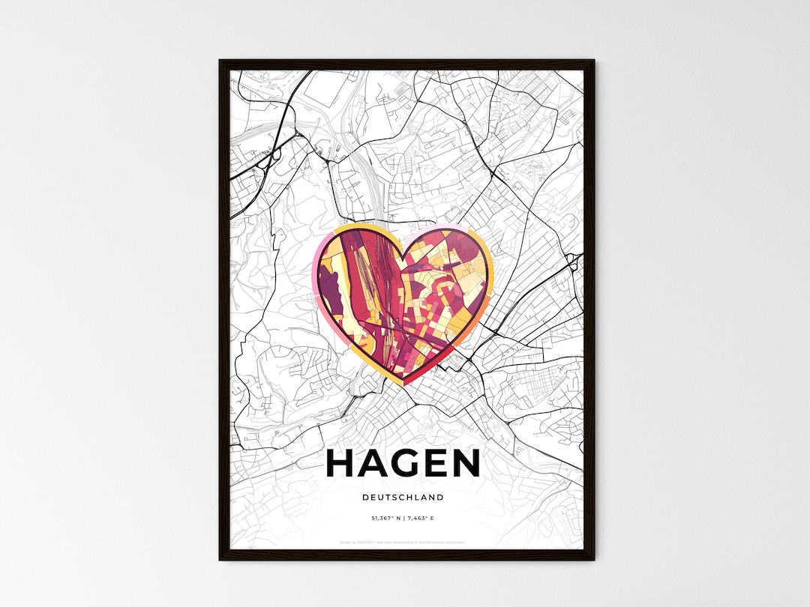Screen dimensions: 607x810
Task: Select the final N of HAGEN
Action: click(466, 463)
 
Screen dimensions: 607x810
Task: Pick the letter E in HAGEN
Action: click(436, 463)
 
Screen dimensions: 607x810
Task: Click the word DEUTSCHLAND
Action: click(403, 498)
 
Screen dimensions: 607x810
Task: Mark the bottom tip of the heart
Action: click(403, 384)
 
